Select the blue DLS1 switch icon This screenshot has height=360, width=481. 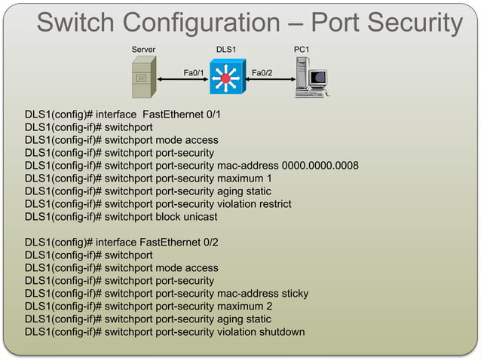[x=225, y=78]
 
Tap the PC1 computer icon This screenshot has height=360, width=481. [x=311, y=79]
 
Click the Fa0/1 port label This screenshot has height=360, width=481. [x=194, y=73]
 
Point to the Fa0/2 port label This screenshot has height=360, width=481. [x=262, y=73]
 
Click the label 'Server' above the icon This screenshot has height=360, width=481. [x=143, y=50]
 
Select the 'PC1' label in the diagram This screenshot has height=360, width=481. [x=302, y=50]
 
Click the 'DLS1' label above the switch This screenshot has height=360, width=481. [x=225, y=50]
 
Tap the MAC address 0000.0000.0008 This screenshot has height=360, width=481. [x=320, y=166]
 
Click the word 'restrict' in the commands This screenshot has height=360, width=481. [x=272, y=204]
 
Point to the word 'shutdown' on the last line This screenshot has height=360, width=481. [x=279, y=332]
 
